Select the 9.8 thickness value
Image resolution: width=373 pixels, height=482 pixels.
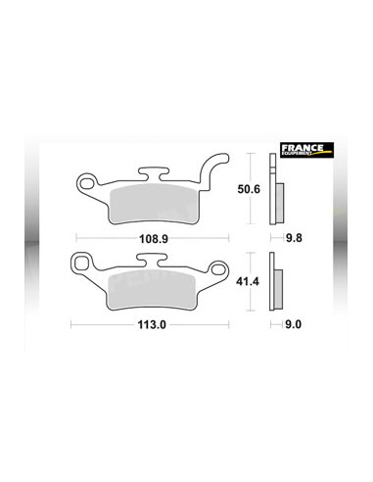(282, 237)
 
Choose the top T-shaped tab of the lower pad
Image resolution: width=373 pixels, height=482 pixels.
(152, 260)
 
